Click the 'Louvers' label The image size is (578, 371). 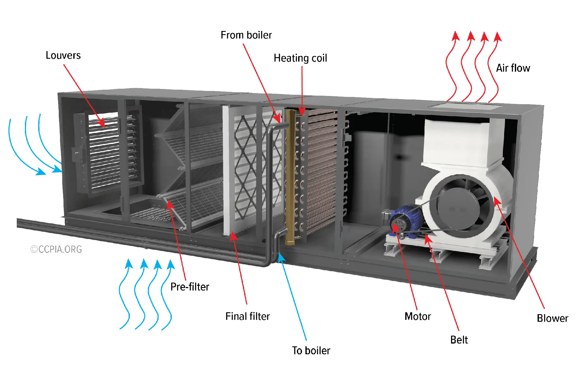point(63,56)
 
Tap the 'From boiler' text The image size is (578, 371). point(246,35)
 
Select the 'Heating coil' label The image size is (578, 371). point(300,58)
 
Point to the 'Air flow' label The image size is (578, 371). point(513,68)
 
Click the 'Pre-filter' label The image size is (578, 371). point(190,287)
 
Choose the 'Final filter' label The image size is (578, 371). point(247,316)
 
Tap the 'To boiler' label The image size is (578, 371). point(311,350)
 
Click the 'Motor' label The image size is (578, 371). point(417,316)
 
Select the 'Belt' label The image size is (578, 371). point(459,340)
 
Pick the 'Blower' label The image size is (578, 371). point(552,318)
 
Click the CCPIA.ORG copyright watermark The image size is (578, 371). point(56,249)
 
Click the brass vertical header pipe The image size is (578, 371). point(290,177)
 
